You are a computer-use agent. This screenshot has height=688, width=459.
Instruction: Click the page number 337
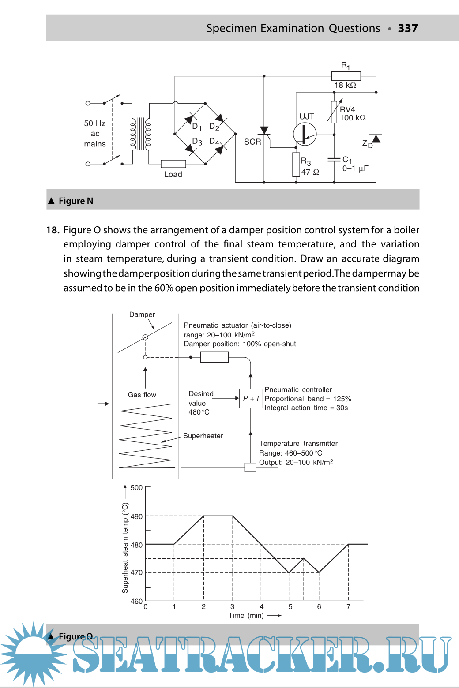[x=408, y=28]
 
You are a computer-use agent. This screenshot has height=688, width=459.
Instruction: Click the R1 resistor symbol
[x=346, y=76]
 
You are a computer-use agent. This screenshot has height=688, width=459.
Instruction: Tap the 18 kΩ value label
[x=345, y=85]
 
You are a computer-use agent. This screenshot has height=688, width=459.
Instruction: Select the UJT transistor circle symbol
[x=305, y=134]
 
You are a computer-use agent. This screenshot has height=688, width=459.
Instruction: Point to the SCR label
[x=252, y=142]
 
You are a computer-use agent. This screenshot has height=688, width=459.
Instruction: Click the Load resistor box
[x=173, y=164]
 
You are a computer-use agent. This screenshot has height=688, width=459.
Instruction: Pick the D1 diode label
[x=197, y=127]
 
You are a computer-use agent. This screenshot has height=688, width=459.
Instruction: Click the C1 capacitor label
[x=347, y=160]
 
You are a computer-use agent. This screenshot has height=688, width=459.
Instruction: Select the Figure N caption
[x=76, y=201]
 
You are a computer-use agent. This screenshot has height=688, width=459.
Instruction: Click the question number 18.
[x=53, y=230]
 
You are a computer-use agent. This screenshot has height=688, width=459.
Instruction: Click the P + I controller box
[x=251, y=399]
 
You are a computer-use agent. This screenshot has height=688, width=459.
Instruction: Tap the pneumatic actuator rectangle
[x=214, y=357]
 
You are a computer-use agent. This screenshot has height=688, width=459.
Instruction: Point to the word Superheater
[x=203, y=436]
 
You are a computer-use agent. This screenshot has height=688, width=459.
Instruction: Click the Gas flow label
[x=142, y=395]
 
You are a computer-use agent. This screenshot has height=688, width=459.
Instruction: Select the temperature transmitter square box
[x=250, y=467]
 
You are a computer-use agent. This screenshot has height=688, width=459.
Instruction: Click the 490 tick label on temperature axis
[x=136, y=516]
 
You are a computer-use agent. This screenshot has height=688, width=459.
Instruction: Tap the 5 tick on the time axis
[x=290, y=607]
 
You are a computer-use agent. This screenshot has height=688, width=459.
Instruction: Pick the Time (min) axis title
[x=246, y=615]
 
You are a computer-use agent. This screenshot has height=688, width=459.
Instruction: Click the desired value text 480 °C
[x=199, y=412]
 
